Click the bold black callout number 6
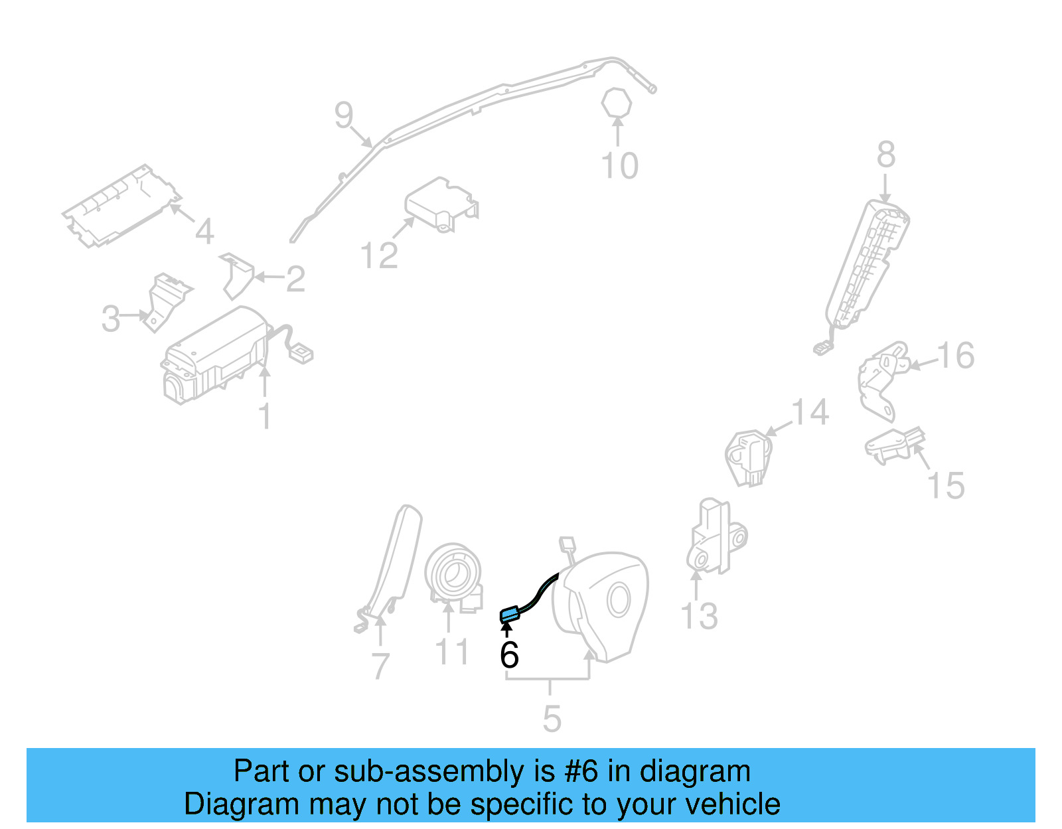(x=509, y=655)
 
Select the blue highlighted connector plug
(x=508, y=615)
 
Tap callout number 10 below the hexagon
(x=619, y=166)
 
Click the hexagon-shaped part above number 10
(x=617, y=103)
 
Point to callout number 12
(x=379, y=256)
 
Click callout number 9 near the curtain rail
(x=344, y=115)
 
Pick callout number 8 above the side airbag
(x=886, y=155)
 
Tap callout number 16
(x=956, y=356)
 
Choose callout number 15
(x=946, y=486)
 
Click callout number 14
(x=810, y=412)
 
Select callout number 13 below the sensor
(x=700, y=617)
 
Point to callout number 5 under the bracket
(x=552, y=719)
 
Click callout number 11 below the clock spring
(x=452, y=652)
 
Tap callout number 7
(x=380, y=666)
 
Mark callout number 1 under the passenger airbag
(x=265, y=417)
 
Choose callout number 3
(x=111, y=319)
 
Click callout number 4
(x=204, y=232)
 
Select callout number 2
(x=295, y=279)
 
